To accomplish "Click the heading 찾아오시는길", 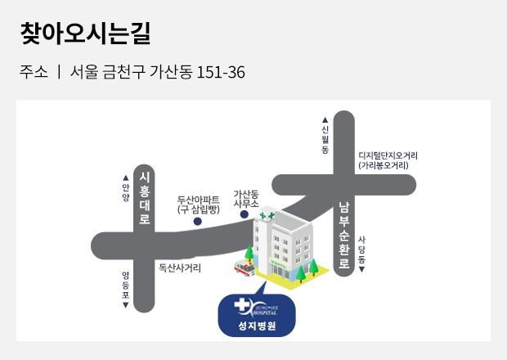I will click(x=85, y=34).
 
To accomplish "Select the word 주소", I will click(x=34, y=72).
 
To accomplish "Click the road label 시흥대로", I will click(x=145, y=200).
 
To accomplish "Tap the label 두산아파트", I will click(x=199, y=199).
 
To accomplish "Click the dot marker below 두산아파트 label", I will click(x=197, y=221).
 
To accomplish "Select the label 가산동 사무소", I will click(x=245, y=198).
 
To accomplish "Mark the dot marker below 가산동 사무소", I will click(x=245, y=215).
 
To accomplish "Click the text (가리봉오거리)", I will click(x=384, y=165).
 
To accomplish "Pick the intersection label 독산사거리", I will click(x=179, y=267).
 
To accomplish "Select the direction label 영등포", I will click(x=125, y=290).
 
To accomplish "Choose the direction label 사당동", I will click(x=361, y=252).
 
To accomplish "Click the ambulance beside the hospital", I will click(x=245, y=267).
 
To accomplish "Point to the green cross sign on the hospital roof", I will click(x=266, y=216).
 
